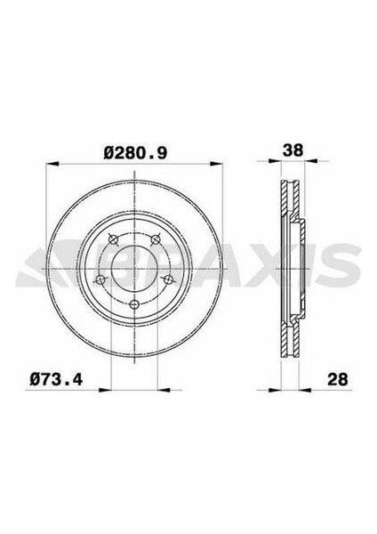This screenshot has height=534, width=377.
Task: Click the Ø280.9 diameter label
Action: tap(135, 153)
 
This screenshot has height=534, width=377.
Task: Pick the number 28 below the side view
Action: tap(336, 381)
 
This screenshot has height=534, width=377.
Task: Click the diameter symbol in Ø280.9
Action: tap(108, 153)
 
